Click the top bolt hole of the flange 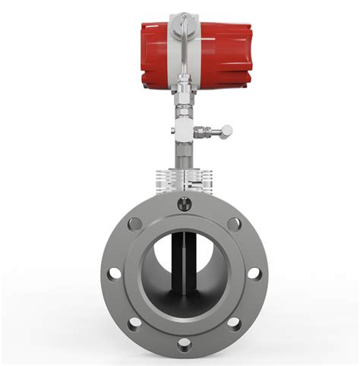point(184,203)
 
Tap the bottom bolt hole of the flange point(184,345)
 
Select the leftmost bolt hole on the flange point(112,274)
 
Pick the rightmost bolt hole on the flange point(254,274)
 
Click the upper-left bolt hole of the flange point(134,224)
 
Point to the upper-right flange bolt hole point(234,224)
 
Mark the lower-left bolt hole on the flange point(134,324)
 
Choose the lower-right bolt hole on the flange point(234,324)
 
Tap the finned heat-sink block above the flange point(183,180)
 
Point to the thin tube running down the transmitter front point(180,46)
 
